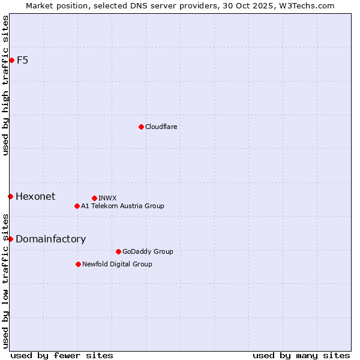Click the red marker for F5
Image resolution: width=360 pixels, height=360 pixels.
(x=11, y=60)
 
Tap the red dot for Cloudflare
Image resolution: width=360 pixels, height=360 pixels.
(x=141, y=127)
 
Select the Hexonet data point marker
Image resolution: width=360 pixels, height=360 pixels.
(x=10, y=196)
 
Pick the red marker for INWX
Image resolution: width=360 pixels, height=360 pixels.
(x=94, y=198)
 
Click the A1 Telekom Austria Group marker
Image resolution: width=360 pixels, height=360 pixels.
(x=77, y=206)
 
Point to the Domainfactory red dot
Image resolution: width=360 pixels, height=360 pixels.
(x=10, y=239)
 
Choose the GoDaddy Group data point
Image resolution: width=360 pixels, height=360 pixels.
(x=118, y=251)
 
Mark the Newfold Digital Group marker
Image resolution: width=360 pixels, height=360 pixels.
(x=78, y=264)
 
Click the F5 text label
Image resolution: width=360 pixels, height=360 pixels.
(x=22, y=60)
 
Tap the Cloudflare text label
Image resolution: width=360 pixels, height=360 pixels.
(x=161, y=127)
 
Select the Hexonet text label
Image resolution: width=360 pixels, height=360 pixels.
(x=35, y=196)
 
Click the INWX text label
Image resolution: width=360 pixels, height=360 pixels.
(x=107, y=198)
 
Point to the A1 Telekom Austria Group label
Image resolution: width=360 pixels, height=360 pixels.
(x=122, y=206)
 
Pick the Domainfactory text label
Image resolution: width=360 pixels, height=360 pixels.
(x=50, y=239)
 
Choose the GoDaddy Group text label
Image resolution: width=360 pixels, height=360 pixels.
(x=147, y=251)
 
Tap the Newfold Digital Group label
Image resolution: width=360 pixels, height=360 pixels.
(x=117, y=264)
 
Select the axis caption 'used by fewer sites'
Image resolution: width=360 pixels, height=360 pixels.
(x=62, y=355)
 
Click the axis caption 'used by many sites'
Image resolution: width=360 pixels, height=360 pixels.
(x=301, y=355)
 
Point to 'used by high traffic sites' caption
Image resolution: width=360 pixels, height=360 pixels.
(x=5, y=85)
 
